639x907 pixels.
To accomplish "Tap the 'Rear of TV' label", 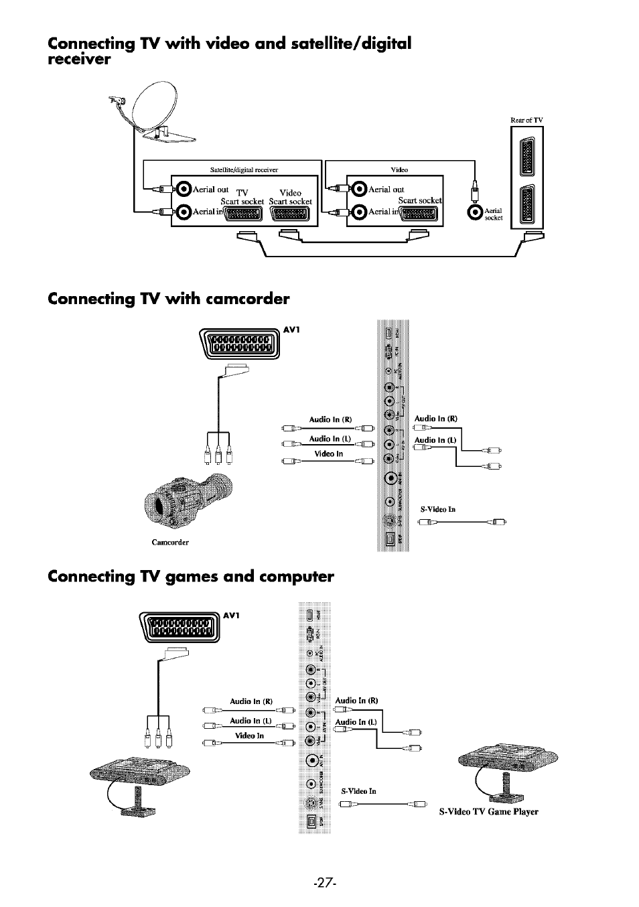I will click(526, 121).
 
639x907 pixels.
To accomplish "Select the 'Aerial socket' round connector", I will click(475, 212).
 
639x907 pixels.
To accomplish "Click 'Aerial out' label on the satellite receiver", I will click(210, 190).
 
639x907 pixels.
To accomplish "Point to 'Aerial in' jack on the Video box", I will click(360, 212).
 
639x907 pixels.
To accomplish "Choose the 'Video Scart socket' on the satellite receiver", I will click(291, 214).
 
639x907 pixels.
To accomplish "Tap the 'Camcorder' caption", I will click(170, 543).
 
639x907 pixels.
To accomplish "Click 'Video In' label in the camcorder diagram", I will click(328, 453).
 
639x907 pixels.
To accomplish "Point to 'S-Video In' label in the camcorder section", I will click(437, 509).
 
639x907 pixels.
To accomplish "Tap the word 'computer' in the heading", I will click(292, 577).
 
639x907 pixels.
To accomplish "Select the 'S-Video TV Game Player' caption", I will click(488, 812).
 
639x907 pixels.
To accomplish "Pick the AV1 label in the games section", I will click(232, 615).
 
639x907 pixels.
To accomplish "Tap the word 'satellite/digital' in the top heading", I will click(348, 44).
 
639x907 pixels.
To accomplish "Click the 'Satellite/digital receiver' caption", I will click(244, 169).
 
